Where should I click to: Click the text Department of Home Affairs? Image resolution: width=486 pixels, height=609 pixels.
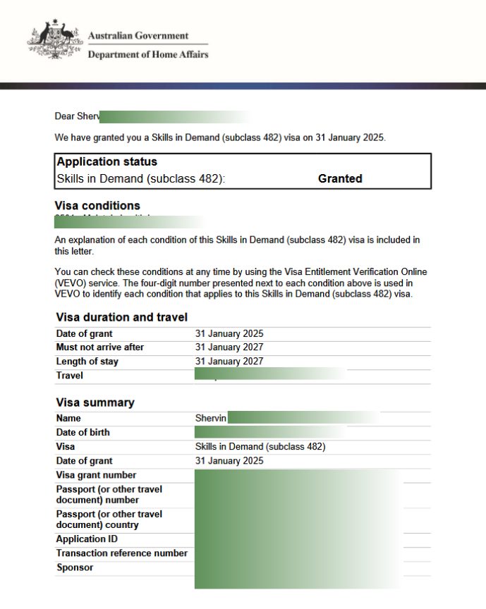coord(147,55)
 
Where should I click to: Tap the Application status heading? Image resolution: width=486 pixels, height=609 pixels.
coord(107,162)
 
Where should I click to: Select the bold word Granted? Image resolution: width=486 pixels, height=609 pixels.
coord(340,179)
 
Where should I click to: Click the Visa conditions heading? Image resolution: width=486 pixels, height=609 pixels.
coord(97,206)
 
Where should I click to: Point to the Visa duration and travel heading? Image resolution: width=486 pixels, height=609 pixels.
coord(121,317)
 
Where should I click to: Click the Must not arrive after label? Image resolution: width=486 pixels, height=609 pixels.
coord(99,347)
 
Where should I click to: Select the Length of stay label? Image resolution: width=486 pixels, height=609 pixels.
coord(87,362)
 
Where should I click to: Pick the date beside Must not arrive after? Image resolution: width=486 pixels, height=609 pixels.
coord(229,347)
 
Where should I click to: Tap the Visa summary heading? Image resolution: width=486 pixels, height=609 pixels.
coord(95,402)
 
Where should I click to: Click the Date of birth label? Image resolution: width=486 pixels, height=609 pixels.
coord(83,432)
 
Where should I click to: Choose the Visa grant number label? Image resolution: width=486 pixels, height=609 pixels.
coord(96,475)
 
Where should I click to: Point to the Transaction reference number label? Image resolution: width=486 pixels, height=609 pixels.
coord(121,553)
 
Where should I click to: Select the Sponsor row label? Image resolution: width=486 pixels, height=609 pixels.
coord(74,567)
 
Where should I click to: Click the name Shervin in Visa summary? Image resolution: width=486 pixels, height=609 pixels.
coord(211,418)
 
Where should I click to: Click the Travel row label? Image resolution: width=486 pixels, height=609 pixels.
coord(69,376)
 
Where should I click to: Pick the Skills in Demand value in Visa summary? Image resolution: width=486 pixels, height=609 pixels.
coord(260,446)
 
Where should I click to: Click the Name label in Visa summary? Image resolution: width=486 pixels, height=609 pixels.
coord(68,418)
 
